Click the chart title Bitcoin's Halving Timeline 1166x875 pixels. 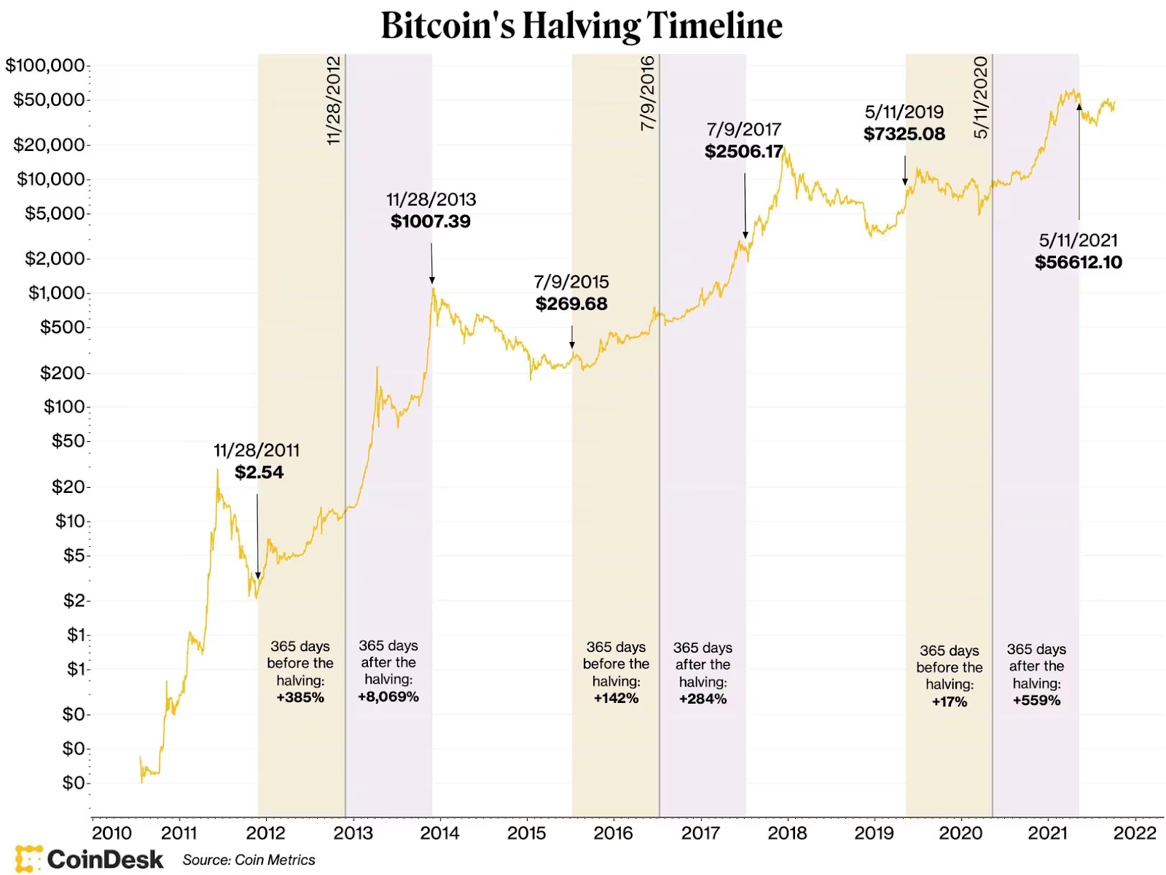(x=582, y=26)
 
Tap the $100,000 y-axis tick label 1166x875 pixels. (x=45, y=66)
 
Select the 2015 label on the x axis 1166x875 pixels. (x=526, y=833)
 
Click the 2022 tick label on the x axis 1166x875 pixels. (x=1135, y=833)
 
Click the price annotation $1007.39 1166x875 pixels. (x=431, y=222)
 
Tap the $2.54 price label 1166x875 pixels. (x=259, y=472)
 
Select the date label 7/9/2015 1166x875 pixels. (x=571, y=282)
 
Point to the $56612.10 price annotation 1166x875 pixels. (x=1079, y=262)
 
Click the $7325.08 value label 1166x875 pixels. (x=904, y=134)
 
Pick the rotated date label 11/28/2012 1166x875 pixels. (x=334, y=101)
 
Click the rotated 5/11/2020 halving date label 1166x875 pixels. (x=981, y=98)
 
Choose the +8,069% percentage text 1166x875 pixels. (x=388, y=697)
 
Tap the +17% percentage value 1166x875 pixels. (x=950, y=702)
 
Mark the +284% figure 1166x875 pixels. (x=703, y=699)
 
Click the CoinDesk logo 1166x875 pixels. (x=89, y=859)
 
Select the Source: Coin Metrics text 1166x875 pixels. (x=249, y=860)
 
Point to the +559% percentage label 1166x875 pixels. (x=1036, y=701)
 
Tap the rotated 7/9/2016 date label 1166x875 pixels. (x=647, y=93)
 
